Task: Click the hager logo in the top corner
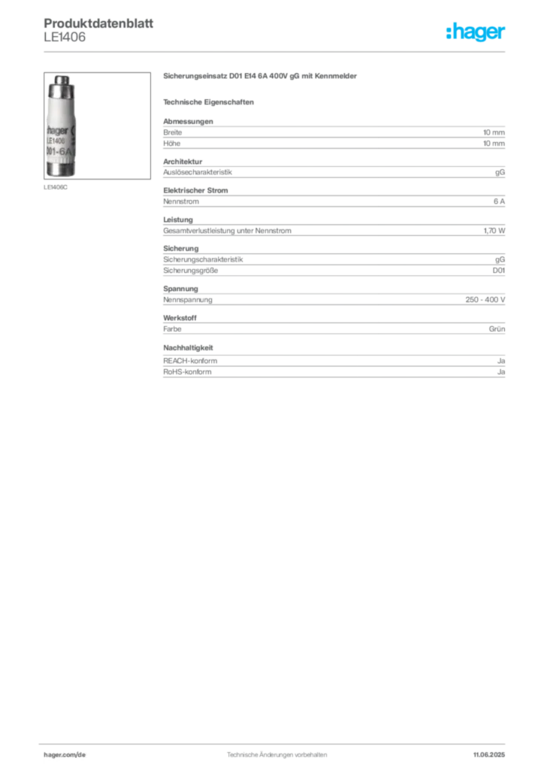pyautogui.click(x=475, y=32)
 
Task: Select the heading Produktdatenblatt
pyautogui.click(x=98, y=23)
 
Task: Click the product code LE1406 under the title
pyautogui.click(x=65, y=38)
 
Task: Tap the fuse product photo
pyautogui.click(x=97, y=126)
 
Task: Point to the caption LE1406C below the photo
pyautogui.click(x=56, y=187)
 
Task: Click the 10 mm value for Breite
pyautogui.click(x=494, y=132)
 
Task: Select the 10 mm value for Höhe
pyautogui.click(x=494, y=144)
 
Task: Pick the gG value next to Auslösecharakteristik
pyautogui.click(x=500, y=172)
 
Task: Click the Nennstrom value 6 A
pyautogui.click(x=499, y=202)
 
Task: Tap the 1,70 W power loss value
pyautogui.click(x=494, y=231)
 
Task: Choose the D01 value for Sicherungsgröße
pyautogui.click(x=498, y=271)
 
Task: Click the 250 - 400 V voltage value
pyautogui.click(x=485, y=299)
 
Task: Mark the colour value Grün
pyautogui.click(x=497, y=329)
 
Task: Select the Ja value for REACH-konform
pyautogui.click(x=501, y=361)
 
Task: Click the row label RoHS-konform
pyautogui.click(x=187, y=372)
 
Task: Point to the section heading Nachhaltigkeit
pyautogui.click(x=188, y=347)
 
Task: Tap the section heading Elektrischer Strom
pyautogui.click(x=195, y=190)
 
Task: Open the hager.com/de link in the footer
pyautogui.click(x=65, y=755)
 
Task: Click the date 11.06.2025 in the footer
pyautogui.click(x=489, y=755)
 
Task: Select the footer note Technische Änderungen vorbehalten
pyautogui.click(x=277, y=755)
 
